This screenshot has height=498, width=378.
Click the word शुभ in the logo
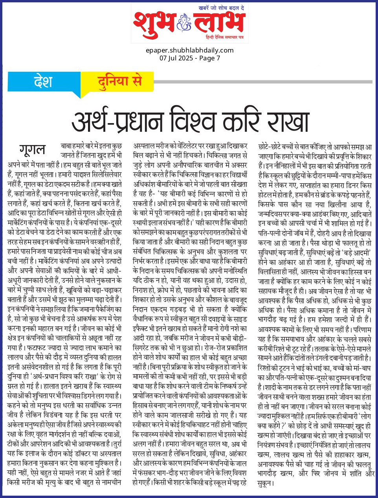pos(154,24)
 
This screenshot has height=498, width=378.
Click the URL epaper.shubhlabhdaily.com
pos(189,50)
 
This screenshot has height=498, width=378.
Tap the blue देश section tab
pos(43,82)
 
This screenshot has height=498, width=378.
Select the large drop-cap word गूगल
pos(32,149)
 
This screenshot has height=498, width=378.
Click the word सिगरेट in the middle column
pos(145,347)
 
